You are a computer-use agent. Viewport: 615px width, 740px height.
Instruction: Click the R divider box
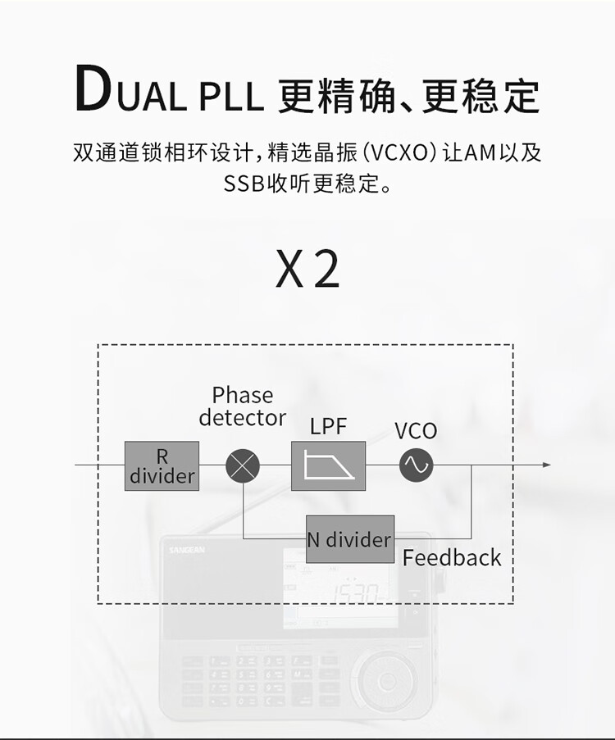point(162,465)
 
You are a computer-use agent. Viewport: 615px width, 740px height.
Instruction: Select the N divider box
point(349,539)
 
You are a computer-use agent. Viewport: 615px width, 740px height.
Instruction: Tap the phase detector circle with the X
point(243,466)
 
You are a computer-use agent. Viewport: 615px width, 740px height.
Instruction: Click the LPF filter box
point(328,465)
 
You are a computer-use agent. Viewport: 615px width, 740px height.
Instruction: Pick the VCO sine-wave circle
point(416,465)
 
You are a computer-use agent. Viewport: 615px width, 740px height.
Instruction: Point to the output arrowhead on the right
point(546,465)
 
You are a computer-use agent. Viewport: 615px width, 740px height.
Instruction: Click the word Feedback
point(452,558)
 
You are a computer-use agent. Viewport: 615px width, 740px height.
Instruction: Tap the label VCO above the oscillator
point(416,431)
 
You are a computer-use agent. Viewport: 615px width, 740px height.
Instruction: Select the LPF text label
point(329,426)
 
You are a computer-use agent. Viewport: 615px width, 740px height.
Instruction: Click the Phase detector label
point(243,406)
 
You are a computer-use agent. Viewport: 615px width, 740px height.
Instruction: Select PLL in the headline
point(230,97)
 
